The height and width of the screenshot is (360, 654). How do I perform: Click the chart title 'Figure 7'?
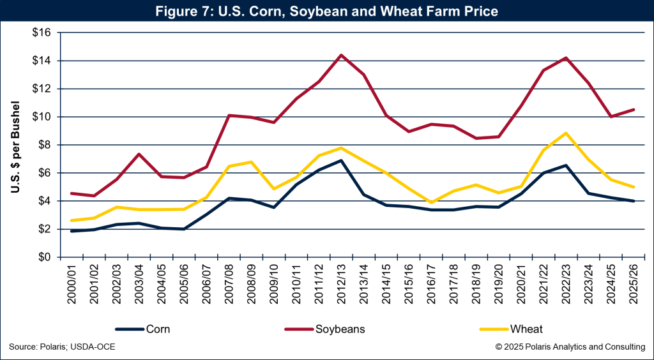(x=327, y=11)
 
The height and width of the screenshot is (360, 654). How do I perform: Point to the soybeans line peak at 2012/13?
(x=341, y=55)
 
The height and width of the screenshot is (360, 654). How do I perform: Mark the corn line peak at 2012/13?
(x=341, y=160)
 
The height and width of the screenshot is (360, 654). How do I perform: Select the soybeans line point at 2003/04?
(x=138, y=154)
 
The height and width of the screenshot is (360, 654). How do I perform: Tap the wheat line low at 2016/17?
(x=431, y=202)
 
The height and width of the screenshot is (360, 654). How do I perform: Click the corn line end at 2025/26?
(x=634, y=201)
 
